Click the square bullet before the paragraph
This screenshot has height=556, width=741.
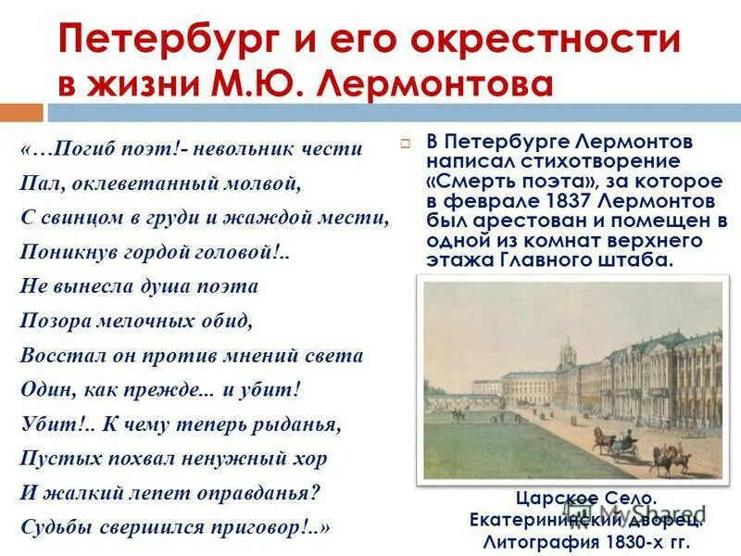coord(406,144)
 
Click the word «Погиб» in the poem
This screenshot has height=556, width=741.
coord(89,149)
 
